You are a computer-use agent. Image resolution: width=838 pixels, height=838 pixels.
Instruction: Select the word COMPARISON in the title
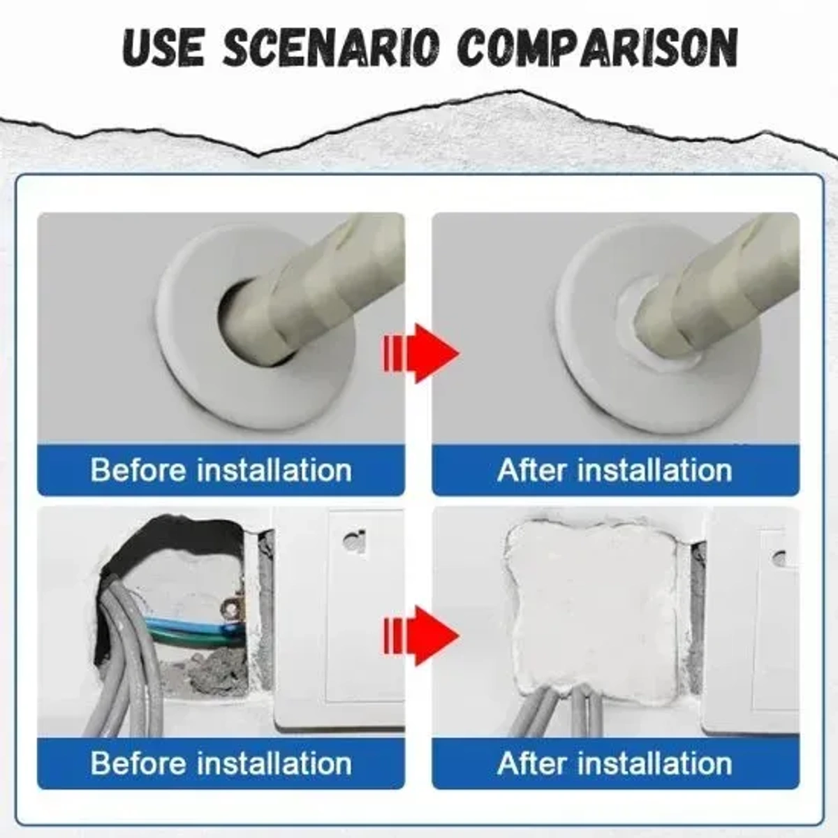tap(599, 47)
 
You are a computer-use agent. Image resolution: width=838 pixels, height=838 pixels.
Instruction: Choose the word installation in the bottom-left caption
tap(274, 763)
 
